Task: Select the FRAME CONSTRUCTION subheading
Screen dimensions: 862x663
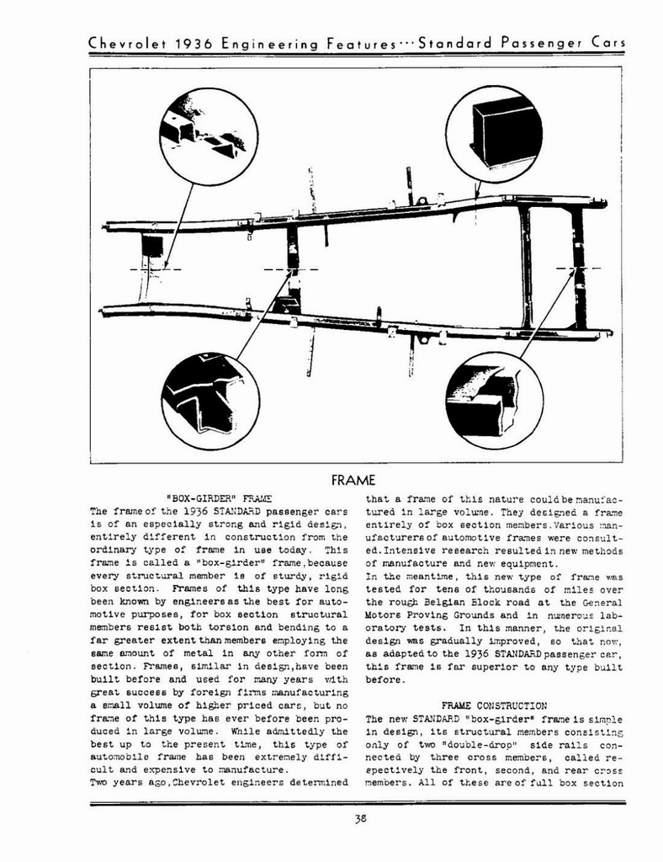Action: pos(494,705)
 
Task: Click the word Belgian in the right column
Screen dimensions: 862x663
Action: pos(453,603)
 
